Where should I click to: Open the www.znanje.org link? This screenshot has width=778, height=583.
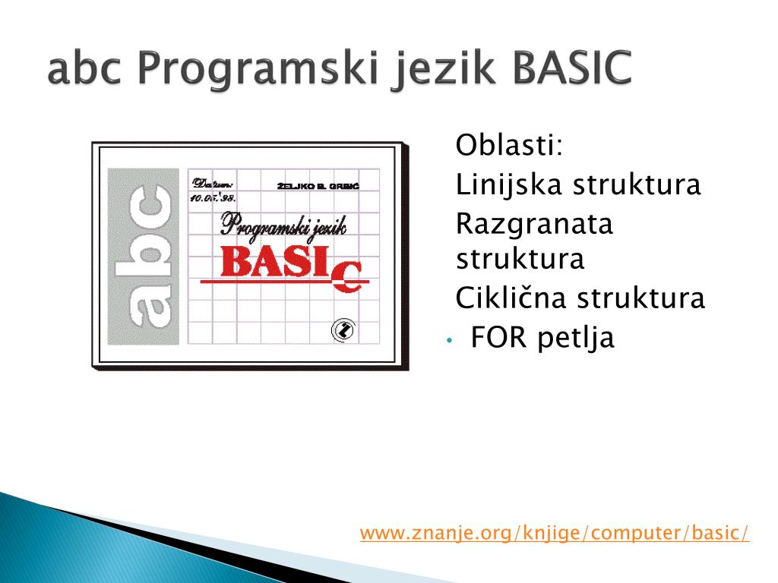(555, 533)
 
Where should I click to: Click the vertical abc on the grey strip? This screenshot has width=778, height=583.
(144, 256)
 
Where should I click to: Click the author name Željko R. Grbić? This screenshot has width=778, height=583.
(318, 186)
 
